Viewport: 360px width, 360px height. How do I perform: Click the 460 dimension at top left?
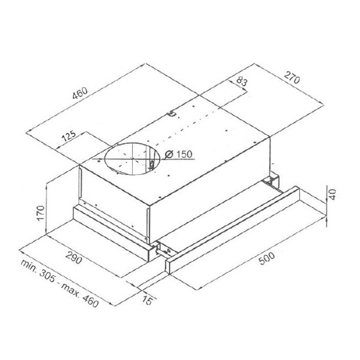click(80, 92)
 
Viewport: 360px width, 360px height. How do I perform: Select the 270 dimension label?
click(292, 78)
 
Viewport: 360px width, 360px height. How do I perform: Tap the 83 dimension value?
click(242, 81)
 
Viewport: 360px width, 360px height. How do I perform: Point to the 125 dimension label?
click(69, 136)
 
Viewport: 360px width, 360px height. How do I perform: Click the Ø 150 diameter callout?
click(179, 154)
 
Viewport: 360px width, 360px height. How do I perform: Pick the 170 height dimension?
click(41, 213)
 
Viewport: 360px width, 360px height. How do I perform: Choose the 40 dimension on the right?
click(333, 194)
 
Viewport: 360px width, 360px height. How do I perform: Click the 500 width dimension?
click(266, 259)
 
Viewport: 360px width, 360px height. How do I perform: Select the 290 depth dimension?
click(73, 258)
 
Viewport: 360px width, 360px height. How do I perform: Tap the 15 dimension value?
click(147, 300)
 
